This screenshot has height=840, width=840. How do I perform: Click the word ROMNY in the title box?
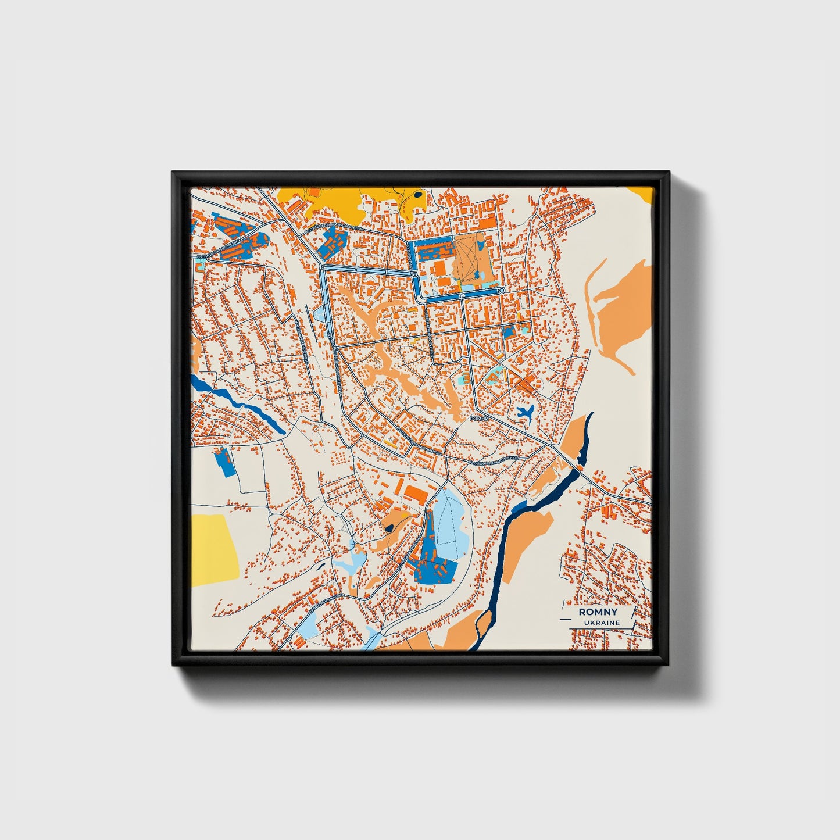tap(598, 612)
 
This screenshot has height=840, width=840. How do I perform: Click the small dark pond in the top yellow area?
tap(417, 195)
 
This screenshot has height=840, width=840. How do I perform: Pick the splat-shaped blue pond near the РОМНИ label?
tap(525, 413)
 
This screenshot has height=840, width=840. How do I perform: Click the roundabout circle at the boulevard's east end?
tap(501, 289)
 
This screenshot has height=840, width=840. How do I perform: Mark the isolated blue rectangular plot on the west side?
tap(223, 463)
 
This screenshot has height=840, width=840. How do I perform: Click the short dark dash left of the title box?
tap(567, 621)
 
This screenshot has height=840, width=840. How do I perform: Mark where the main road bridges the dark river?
tap(578, 468)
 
